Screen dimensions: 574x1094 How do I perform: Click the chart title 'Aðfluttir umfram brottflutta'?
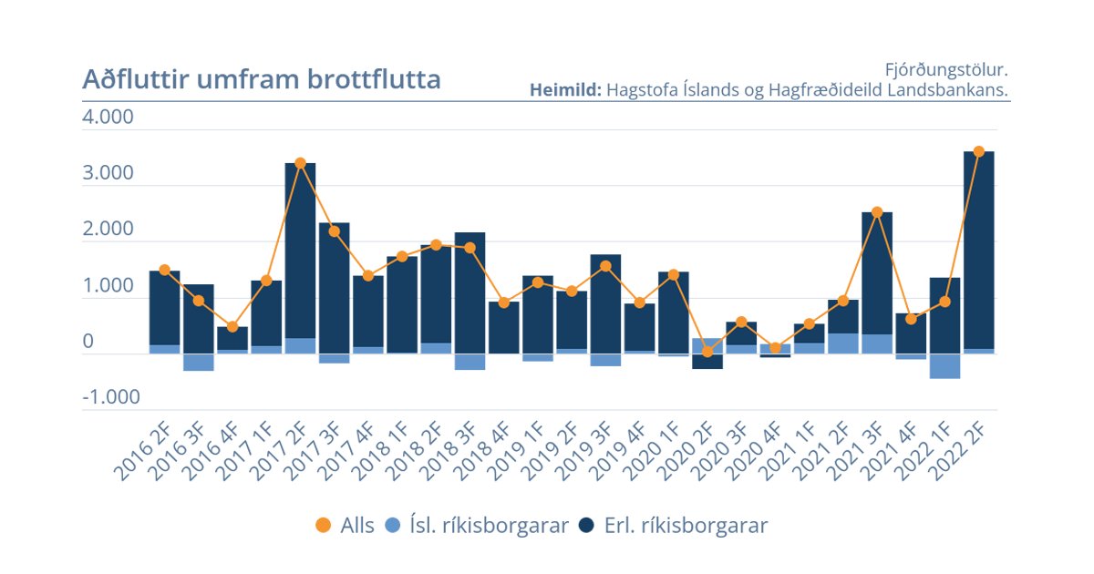pyautogui.click(x=262, y=79)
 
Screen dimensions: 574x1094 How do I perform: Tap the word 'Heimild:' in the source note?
pyautogui.click(x=564, y=90)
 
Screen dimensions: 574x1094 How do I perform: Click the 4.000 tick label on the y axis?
pyautogui.click(x=108, y=118)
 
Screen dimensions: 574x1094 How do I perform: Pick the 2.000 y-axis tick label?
pyautogui.click(x=108, y=230)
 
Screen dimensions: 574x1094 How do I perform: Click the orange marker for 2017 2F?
pyautogui.click(x=300, y=163)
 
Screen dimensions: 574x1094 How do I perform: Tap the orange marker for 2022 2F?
pyautogui.click(x=979, y=151)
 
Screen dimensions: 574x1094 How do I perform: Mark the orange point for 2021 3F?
pyautogui.click(x=877, y=212)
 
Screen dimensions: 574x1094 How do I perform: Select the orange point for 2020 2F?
pyautogui.click(x=707, y=352)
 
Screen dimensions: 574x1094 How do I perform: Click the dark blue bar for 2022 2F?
pyautogui.click(x=979, y=251)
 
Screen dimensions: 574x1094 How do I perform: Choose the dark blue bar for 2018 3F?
pyautogui.click(x=470, y=292)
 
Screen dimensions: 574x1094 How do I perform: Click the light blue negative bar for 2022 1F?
pyautogui.click(x=945, y=365)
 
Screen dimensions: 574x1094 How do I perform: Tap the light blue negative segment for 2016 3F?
pyautogui.click(x=198, y=362)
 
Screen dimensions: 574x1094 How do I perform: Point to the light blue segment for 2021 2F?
pyautogui.click(x=843, y=343)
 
